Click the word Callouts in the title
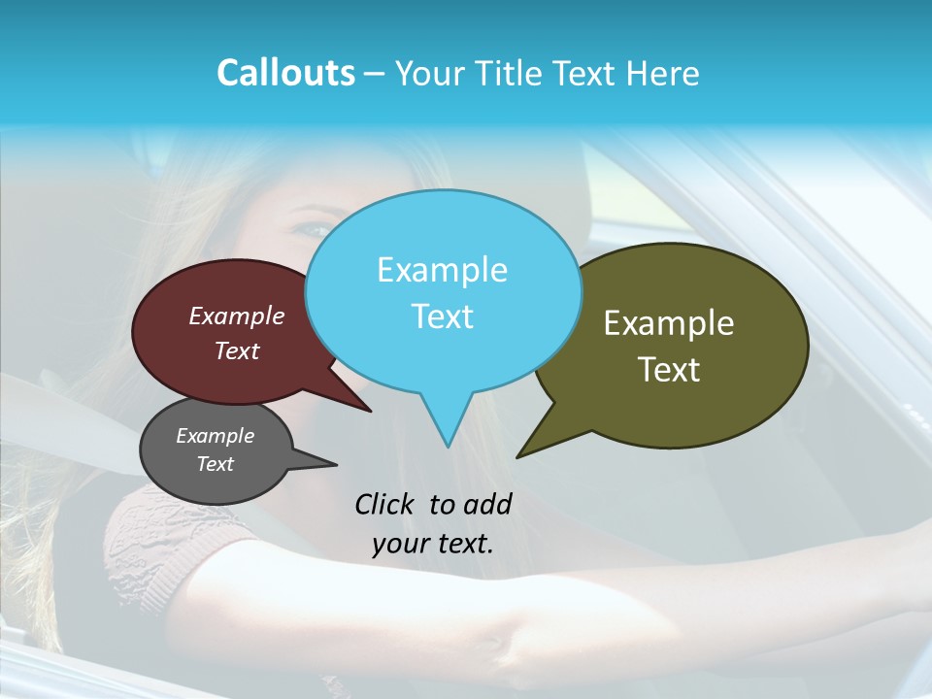point(285,74)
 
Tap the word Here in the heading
point(664,74)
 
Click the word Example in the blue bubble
point(442,270)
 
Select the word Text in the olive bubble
point(670,370)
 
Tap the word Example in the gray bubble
point(216,436)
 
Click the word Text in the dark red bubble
point(237,351)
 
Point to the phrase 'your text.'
point(433,544)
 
